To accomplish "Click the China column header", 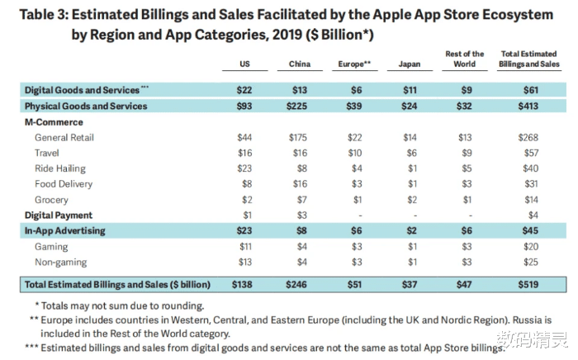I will tap(300, 64).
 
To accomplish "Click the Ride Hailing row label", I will tap(63, 168).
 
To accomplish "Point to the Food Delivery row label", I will tap(64, 184).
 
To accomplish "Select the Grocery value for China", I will tap(300, 200).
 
